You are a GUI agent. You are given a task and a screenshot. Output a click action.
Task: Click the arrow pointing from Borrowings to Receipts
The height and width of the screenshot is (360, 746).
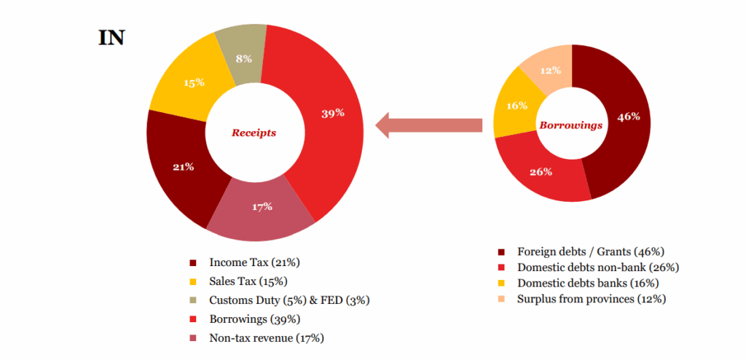click(430, 125)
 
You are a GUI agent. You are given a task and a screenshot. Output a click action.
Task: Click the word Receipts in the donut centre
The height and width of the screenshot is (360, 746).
click(254, 133)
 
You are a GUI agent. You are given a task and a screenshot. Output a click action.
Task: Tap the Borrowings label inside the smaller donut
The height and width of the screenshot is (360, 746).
click(570, 125)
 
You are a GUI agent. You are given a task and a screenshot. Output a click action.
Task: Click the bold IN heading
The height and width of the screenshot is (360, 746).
click(111, 38)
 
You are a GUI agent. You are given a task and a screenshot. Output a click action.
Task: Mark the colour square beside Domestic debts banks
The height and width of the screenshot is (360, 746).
click(501, 283)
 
